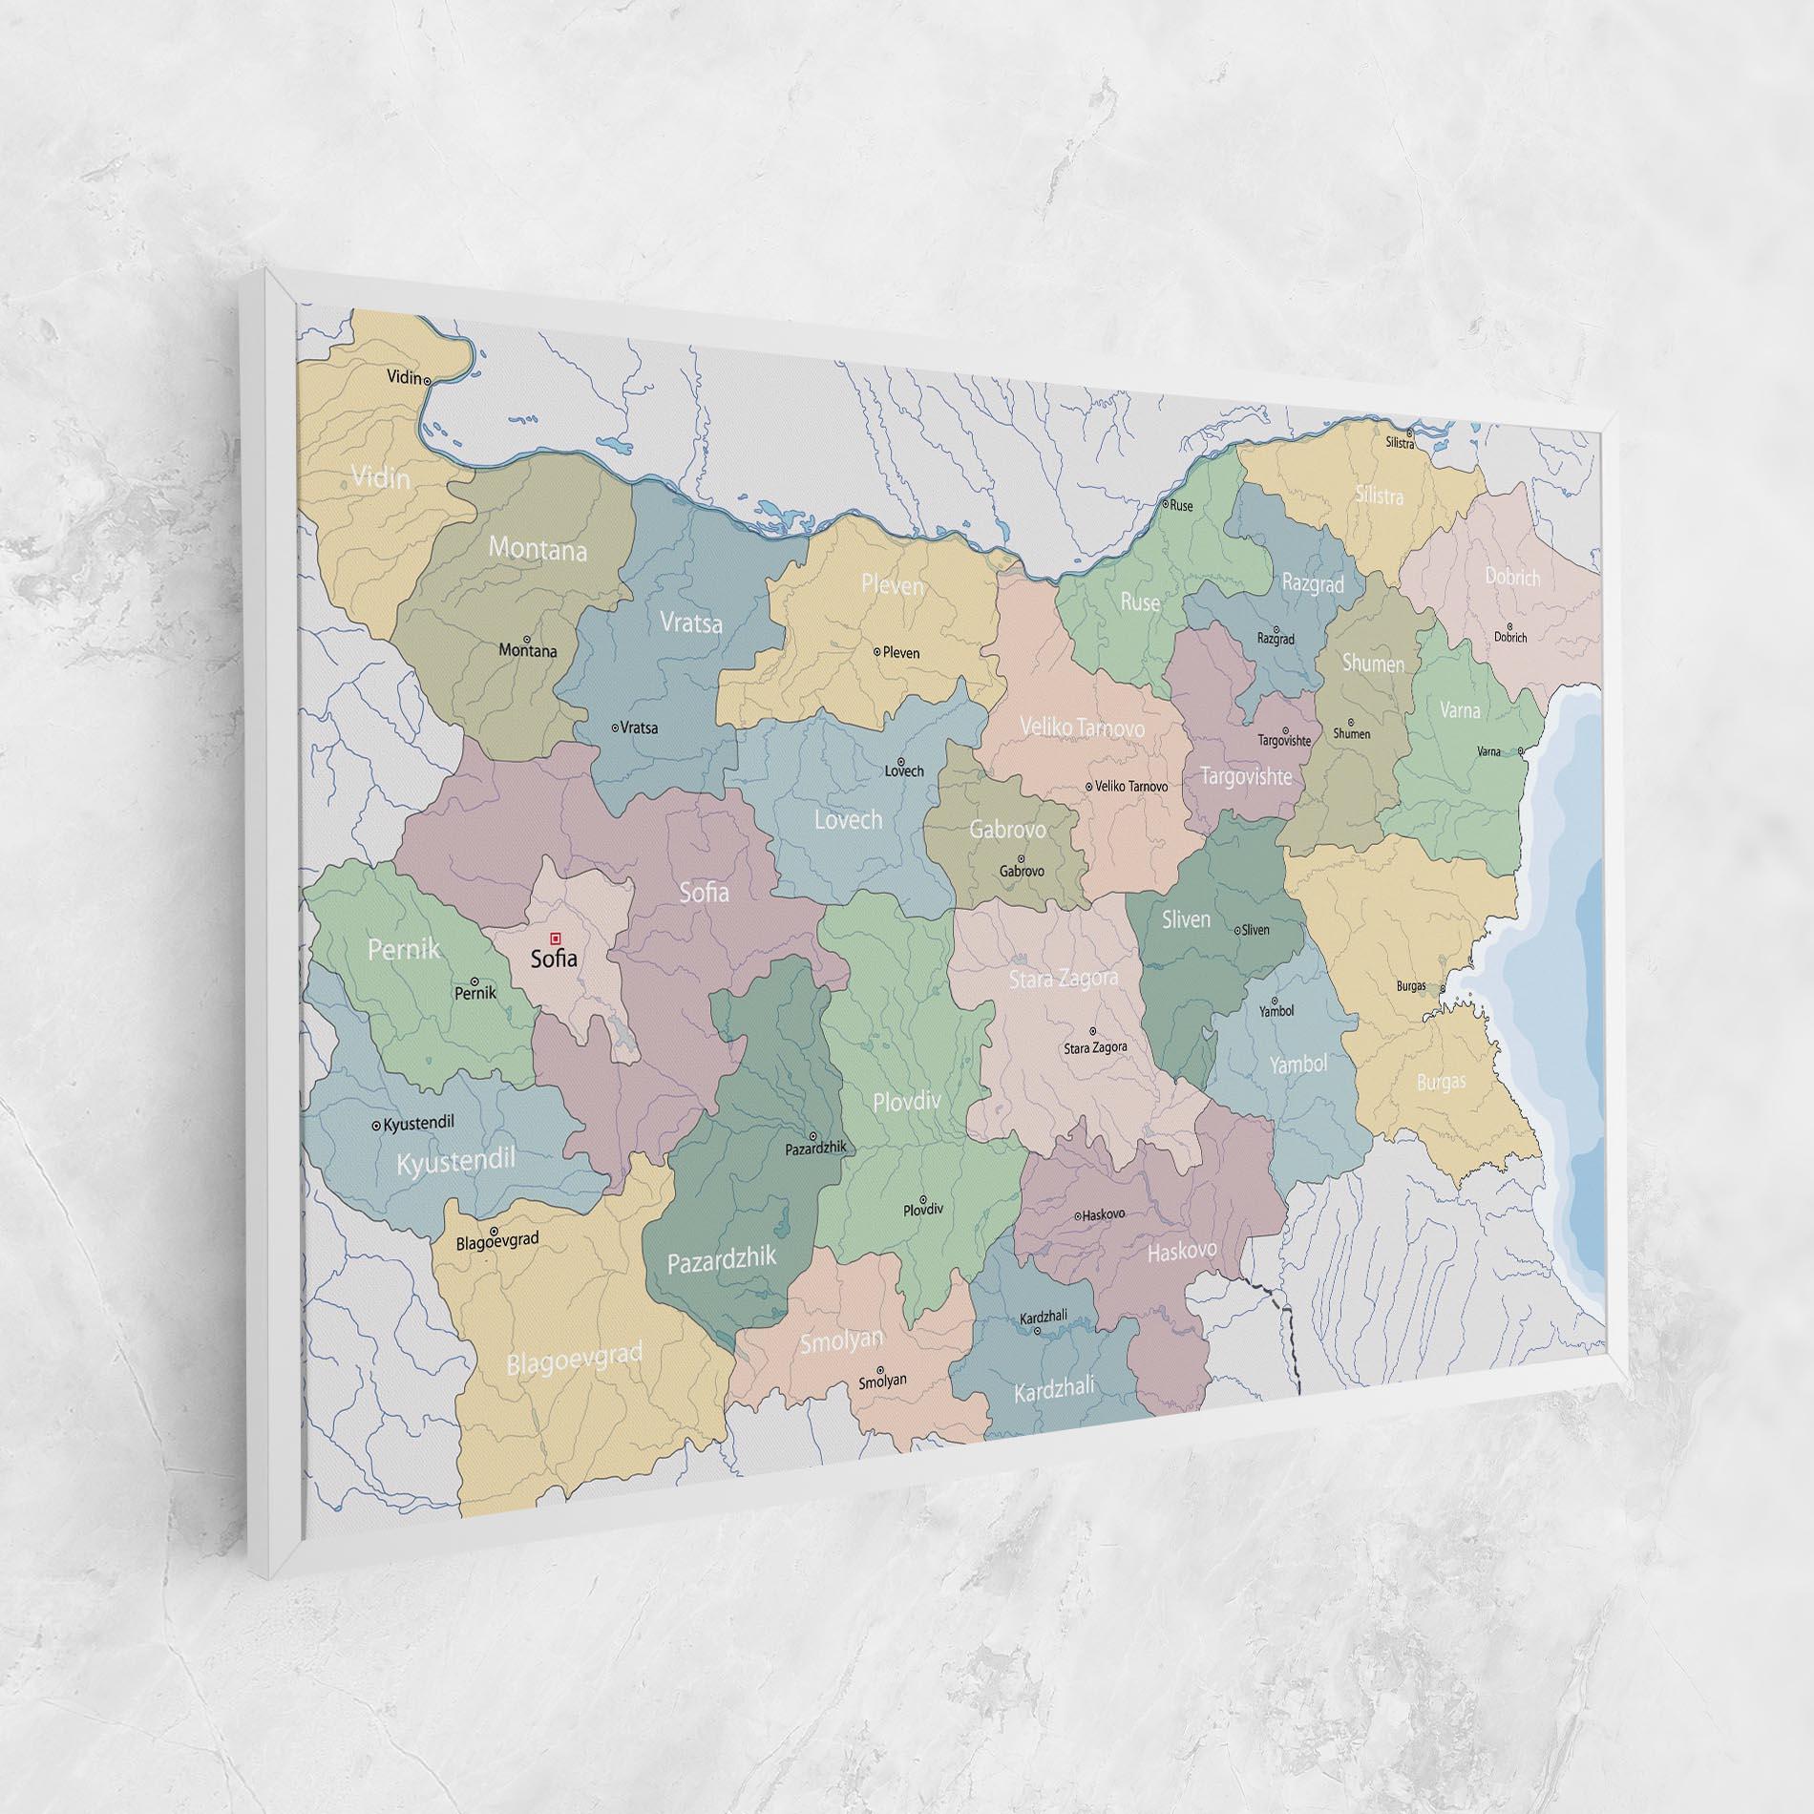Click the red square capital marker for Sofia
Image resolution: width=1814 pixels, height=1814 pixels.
pos(556,938)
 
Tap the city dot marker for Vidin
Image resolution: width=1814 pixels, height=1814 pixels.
pos(427,380)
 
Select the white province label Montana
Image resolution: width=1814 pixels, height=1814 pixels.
pos(538,549)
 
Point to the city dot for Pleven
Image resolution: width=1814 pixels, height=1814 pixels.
pos(876,651)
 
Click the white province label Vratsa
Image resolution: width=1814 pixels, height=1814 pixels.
pos(690,623)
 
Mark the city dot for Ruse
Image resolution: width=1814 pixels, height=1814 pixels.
pos(1165,503)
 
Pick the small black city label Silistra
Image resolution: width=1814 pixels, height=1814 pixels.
pos(1400,443)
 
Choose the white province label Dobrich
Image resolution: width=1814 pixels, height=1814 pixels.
pos(1512,577)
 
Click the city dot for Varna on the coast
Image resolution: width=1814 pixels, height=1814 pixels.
pos(1521,750)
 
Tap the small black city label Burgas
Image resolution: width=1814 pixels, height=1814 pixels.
pos(1410,985)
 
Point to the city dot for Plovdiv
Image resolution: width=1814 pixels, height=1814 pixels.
pos(921,1198)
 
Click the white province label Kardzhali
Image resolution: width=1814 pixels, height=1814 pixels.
pos(1054,1389)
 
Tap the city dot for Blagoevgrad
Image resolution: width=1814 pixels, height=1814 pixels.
pos(494,1231)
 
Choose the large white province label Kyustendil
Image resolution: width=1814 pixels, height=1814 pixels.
pos(455,1163)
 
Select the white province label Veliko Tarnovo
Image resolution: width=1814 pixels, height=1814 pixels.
pos(1082,728)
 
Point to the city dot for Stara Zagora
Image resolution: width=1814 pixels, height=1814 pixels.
pos(1093,1031)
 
